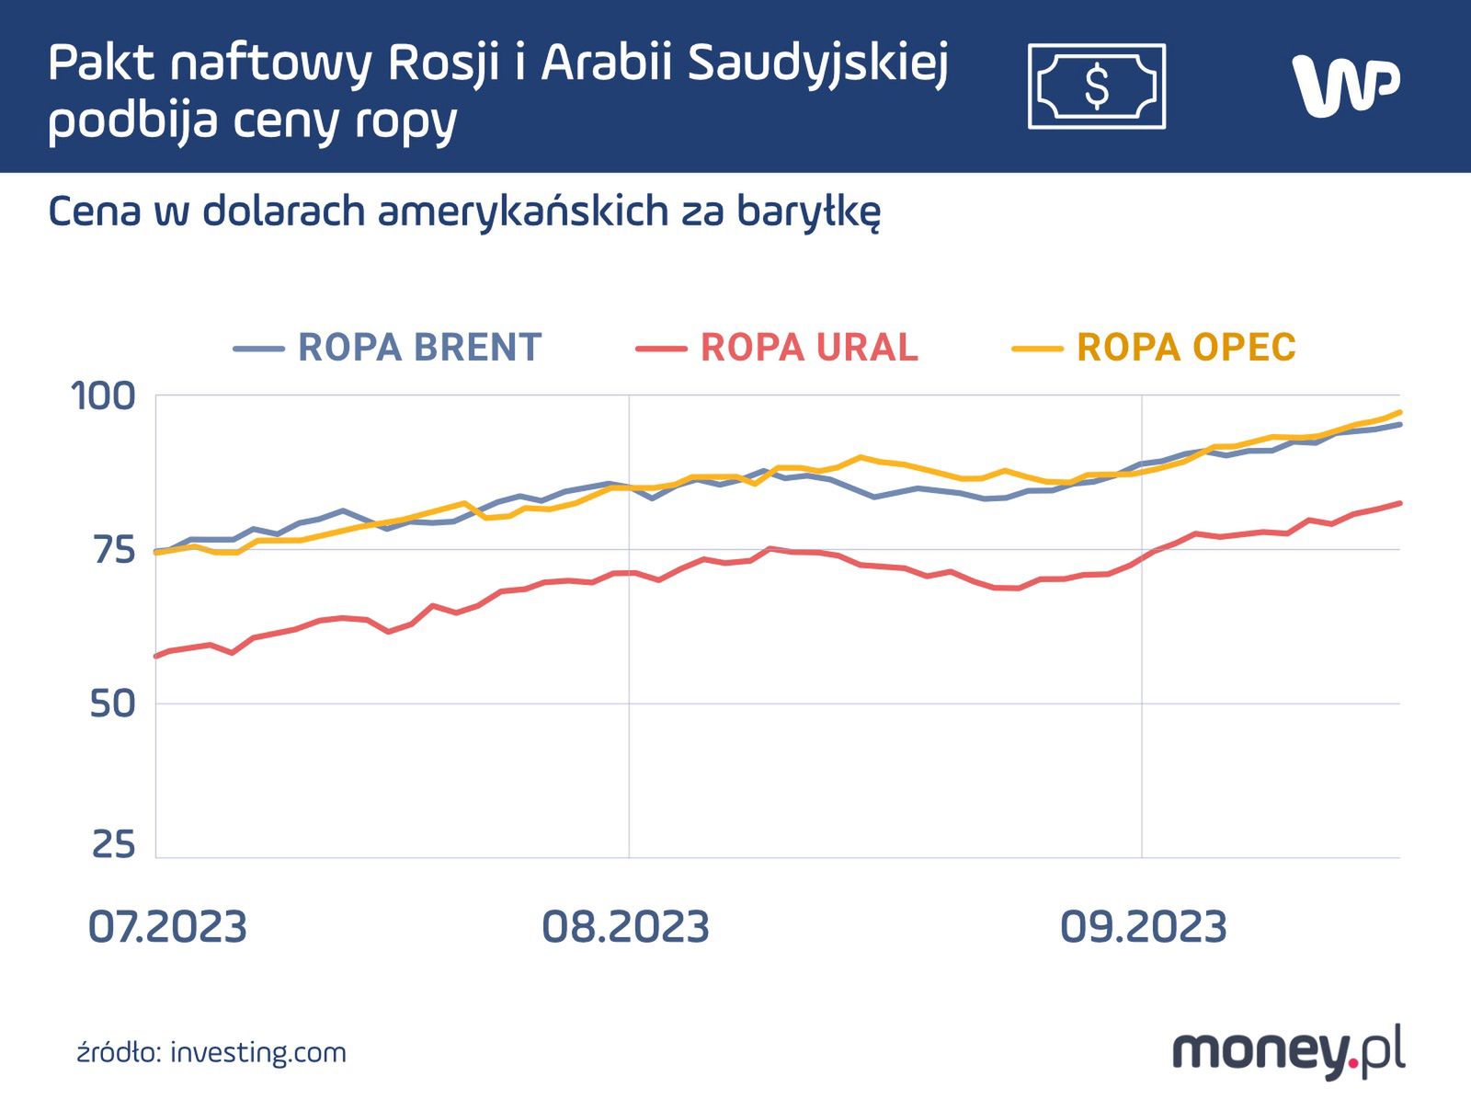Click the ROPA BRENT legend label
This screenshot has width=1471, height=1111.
(x=419, y=348)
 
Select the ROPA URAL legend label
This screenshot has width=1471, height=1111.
(x=809, y=348)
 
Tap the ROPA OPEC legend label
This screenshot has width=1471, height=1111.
(x=1186, y=348)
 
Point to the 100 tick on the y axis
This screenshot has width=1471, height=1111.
(x=103, y=396)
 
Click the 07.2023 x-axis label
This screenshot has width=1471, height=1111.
(x=167, y=927)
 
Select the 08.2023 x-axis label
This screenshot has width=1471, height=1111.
(x=625, y=927)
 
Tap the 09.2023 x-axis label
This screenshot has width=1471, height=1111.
(x=1143, y=927)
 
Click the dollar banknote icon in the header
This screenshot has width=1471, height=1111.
(x=1097, y=86)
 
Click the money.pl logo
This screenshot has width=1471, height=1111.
(x=1288, y=1051)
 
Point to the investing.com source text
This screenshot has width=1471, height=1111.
(x=258, y=1052)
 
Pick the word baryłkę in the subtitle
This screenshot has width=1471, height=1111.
(x=808, y=212)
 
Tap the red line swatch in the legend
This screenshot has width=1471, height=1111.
(x=661, y=349)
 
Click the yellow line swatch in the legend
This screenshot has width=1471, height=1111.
(x=1037, y=349)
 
